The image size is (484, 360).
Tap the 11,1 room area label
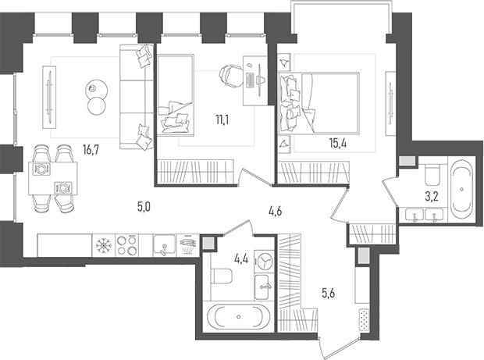point(222,119)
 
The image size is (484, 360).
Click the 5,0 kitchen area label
point(143,207)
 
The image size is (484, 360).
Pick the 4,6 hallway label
point(274,209)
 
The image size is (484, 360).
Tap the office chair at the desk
point(230,75)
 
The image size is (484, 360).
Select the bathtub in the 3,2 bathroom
point(462,187)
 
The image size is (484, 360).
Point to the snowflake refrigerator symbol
point(102,245)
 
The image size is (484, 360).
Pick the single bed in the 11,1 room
point(175,97)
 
